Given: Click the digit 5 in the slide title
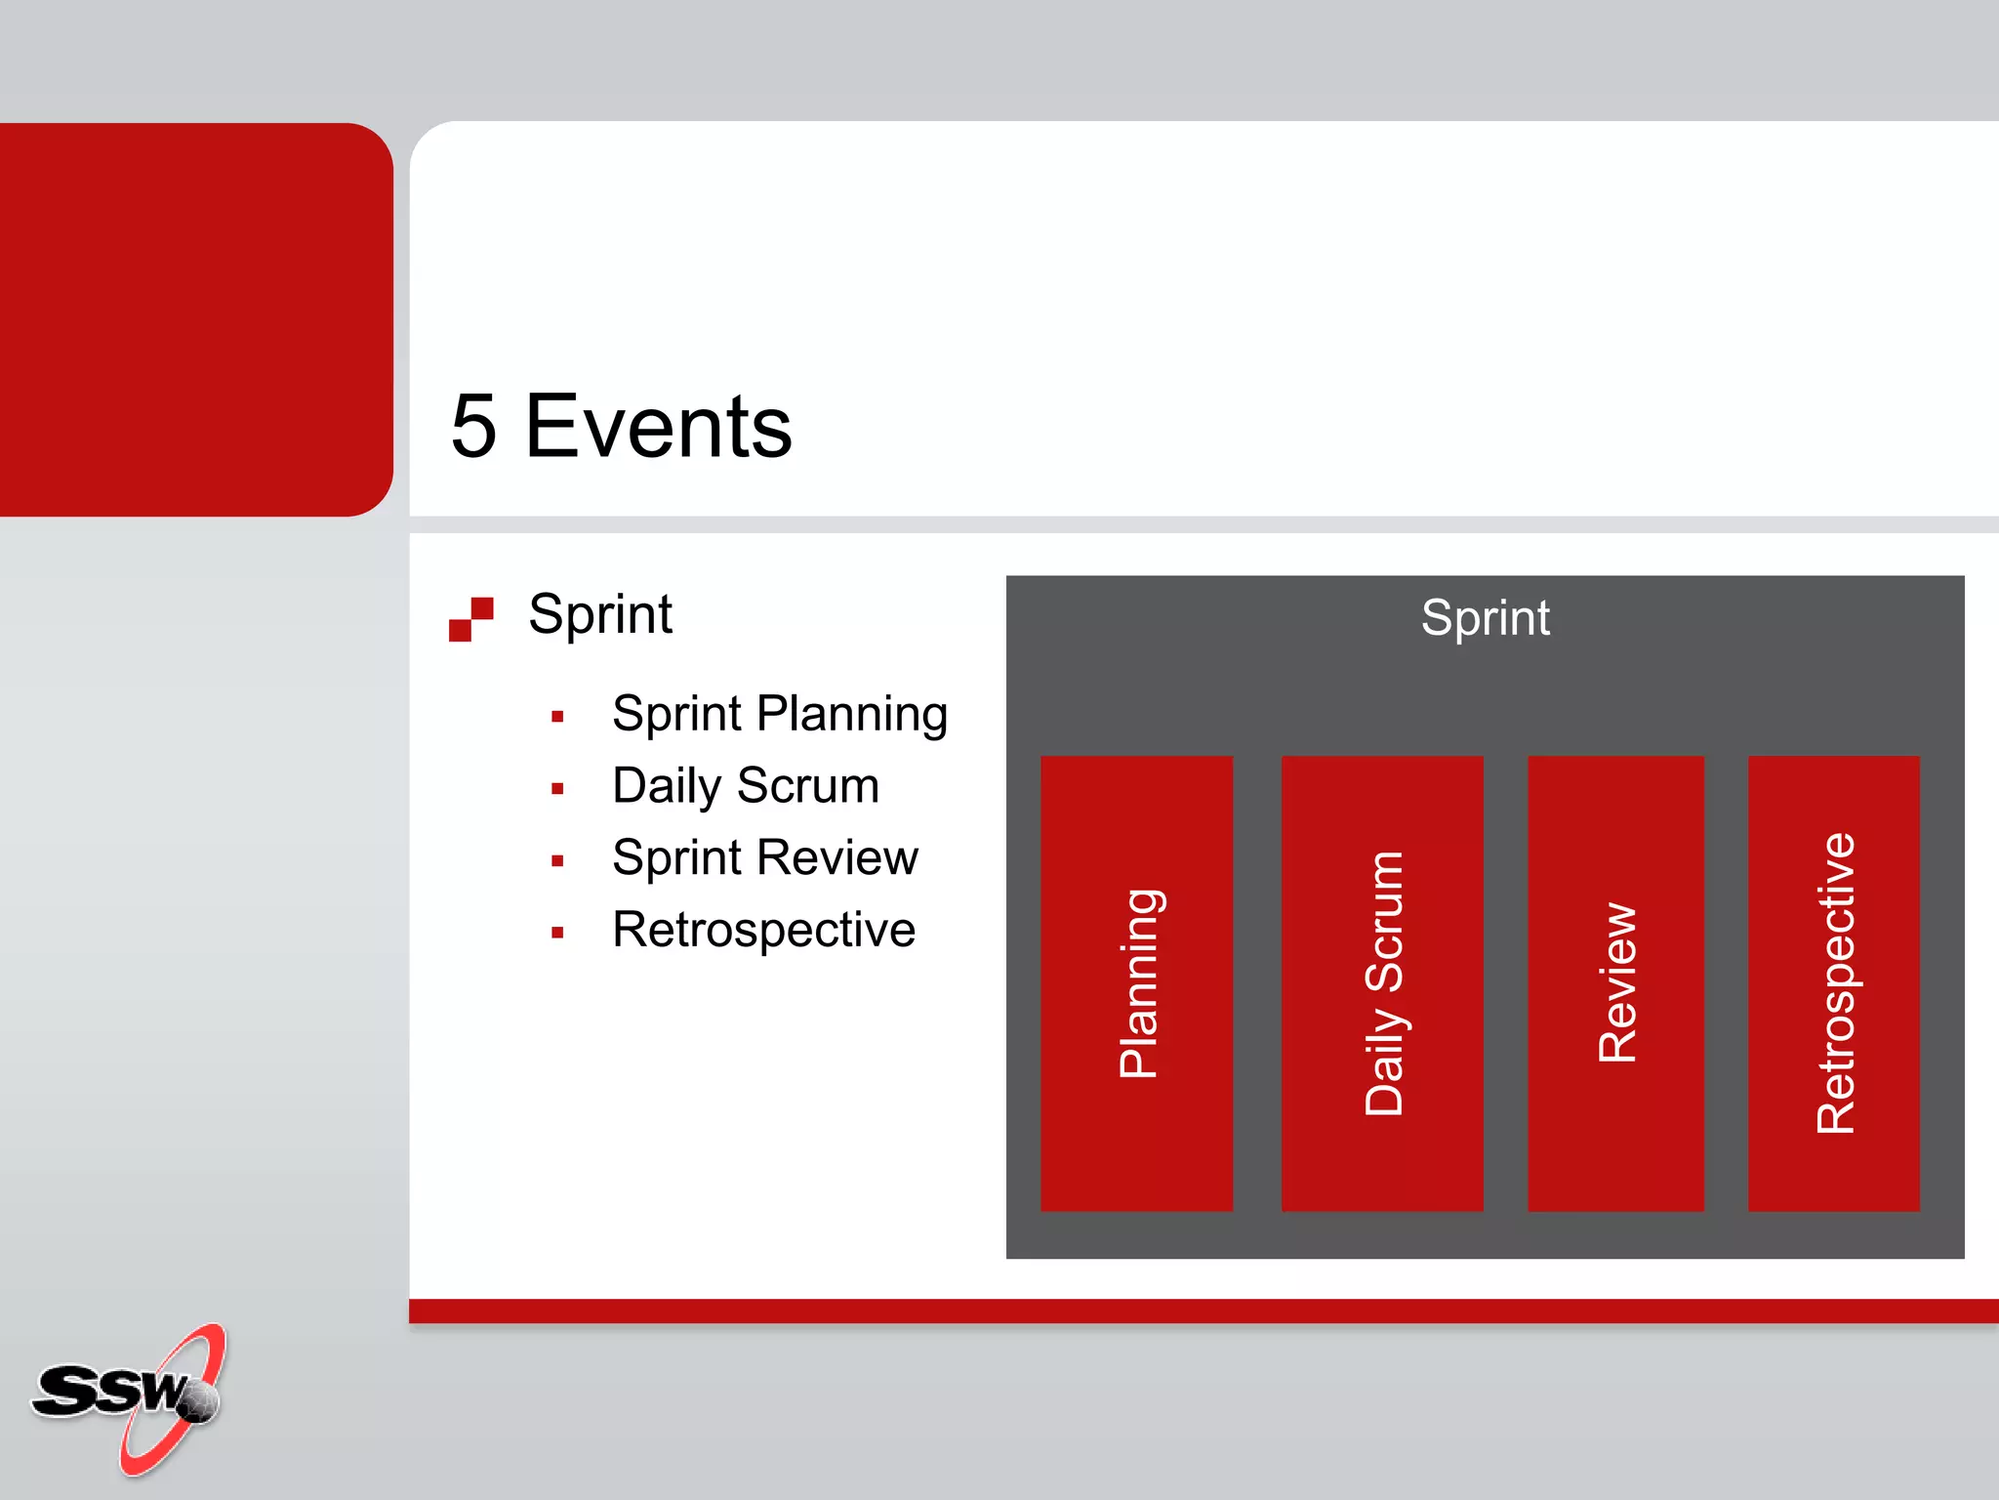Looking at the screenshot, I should [x=474, y=426].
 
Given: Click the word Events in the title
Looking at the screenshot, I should [x=658, y=426].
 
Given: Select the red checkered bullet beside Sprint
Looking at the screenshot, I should [x=471, y=619].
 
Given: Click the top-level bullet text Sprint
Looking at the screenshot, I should [x=599, y=614].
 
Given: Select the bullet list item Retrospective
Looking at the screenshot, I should [x=763, y=930].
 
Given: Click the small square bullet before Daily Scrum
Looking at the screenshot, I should [x=557, y=789].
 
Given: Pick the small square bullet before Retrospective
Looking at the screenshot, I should [x=557, y=933].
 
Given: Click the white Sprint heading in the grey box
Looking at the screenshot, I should [x=1485, y=618].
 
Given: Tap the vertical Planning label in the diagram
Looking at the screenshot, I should [x=1139, y=983].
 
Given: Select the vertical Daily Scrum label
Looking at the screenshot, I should [x=1383, y=983].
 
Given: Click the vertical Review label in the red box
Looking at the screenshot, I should [x=1617, y=983].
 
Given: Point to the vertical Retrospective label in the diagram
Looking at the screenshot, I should [x=1835, y=983].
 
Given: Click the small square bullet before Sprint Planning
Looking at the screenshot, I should [x=557, y=717].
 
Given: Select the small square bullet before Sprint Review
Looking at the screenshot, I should [x=557, y=860].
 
